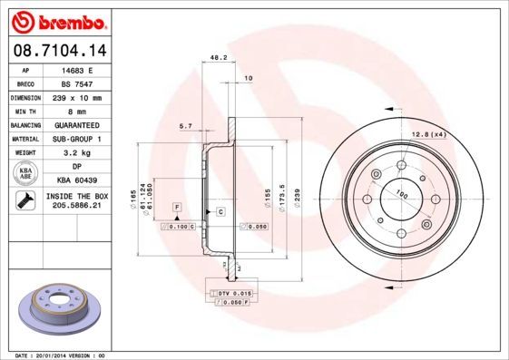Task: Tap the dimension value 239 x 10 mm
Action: pyautogui.click(x=76, y=97)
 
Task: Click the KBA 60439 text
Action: pyautogui.click(x=76, y=180)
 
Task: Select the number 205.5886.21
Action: pyautogui.click(x=76, y=206)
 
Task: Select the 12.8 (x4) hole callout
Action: pyautogui.click(x=428, y=134)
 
